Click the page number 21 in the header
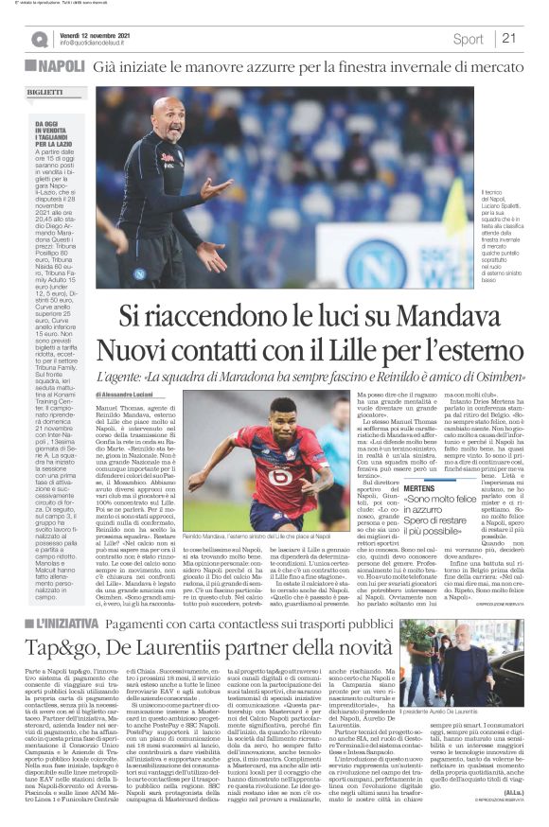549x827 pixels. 508,38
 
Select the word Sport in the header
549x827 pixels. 468,39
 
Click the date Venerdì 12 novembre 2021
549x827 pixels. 96,33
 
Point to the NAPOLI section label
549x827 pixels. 59,68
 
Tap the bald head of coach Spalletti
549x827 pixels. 170,115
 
